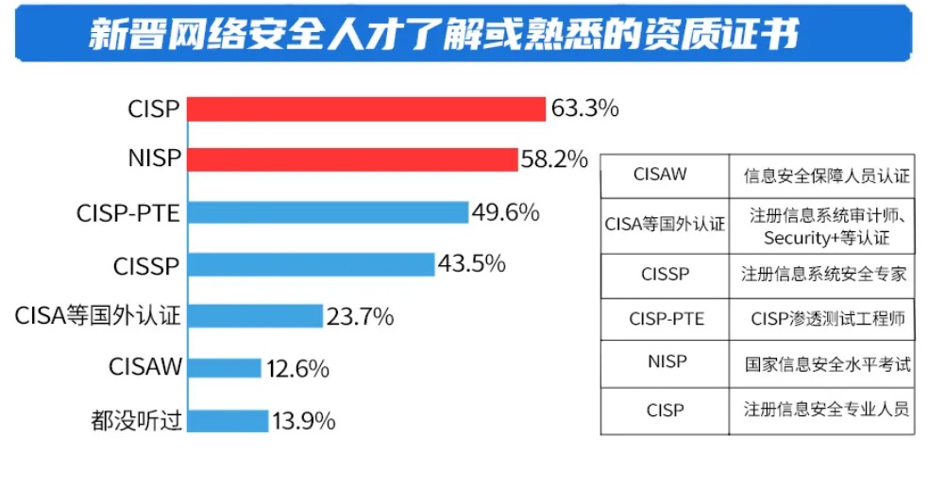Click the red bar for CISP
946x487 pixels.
(x=366, y=109)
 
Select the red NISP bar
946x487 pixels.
(x=352, y=160)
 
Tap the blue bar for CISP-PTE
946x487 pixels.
(x=327, y=212)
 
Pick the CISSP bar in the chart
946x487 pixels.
(x=310, y=265)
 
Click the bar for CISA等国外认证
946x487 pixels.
(x=254, y=316)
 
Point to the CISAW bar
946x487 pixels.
(x=223, y=368)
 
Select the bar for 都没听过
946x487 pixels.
(x=227, y=420)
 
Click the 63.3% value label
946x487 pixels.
(x=584, y=109)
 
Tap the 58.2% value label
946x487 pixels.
(x=554, y=160)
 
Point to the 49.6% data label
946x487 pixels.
(x=505, y=212)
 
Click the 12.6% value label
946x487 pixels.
(x=296, y=368)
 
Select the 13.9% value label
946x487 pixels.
(x=303, y=420)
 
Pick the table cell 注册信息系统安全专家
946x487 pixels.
(x=823, y=275)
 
